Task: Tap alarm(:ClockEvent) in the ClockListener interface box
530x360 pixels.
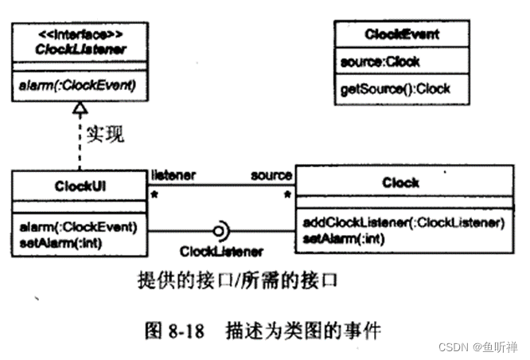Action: coord(69,84)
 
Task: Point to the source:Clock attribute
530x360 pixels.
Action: coord(380,61)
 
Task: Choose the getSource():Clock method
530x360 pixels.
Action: coord(395,89)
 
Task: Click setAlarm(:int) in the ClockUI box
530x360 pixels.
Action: coord(56,241)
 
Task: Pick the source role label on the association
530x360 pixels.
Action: coord(271,174)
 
